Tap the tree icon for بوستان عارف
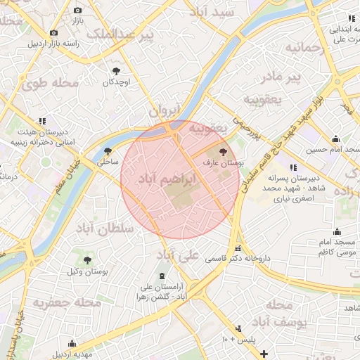pyautogui.click(x=224, y=151)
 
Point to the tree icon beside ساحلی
pyautogui.click(x=108, y=151)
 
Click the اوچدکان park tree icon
pyautogui.click(x=116, y=70)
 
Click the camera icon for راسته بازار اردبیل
pyautogui.click(x=53, y=32)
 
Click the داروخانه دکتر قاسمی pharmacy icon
pyautogui.click(x=238, y=248)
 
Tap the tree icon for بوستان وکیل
pyautogui.click(x=87, y=260)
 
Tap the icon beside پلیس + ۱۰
pyautogui.click(x=239, y=328)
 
